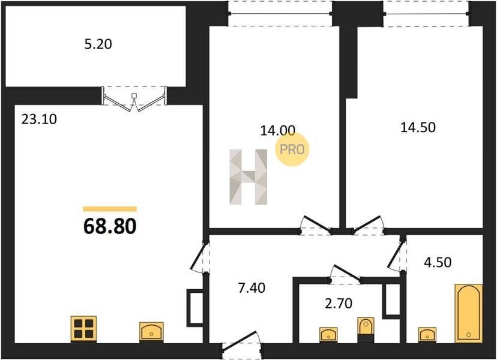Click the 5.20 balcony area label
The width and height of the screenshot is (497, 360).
coord(98,44)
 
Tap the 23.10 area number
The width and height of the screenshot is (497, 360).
coord(39,119)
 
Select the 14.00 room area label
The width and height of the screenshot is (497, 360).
coord(278,130)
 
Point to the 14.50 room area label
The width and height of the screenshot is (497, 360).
coord(418,127)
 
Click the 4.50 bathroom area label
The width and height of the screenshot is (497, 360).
coord(438,262)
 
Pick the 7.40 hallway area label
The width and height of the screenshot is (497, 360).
coord(252,288)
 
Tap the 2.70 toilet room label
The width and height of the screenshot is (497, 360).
coord(339,303)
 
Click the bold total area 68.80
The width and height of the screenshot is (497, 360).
coord(110,226)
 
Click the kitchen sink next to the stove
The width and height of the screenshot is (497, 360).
coord(151,332)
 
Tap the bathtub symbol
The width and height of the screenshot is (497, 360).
coord(468,313)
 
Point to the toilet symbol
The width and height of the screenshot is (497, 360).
coord(366,329)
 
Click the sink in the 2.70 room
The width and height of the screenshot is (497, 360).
coord(328,335)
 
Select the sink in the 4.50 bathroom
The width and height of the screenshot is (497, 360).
coord(427,335)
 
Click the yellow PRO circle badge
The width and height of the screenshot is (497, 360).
coord(292,149)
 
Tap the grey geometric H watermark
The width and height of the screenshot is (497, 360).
coord(248,177)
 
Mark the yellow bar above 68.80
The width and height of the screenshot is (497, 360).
coord(110,209)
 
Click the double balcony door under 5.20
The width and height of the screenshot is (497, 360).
coord(134,99)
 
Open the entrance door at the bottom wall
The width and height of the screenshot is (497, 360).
coord(241,343)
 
